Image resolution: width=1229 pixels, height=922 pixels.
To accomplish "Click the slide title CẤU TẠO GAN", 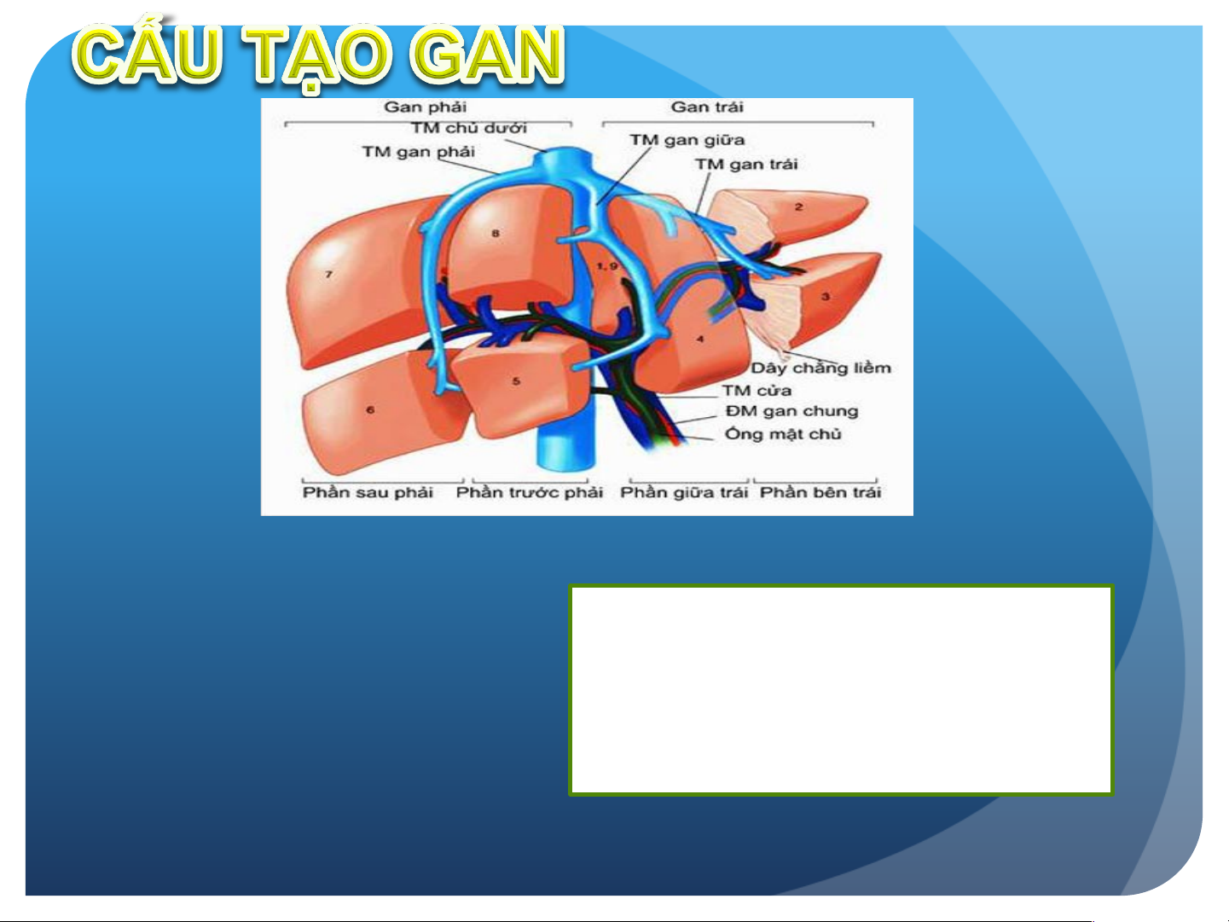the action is (x=318, y=55).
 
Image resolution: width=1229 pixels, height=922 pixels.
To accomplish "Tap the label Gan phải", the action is (x=425, y=107).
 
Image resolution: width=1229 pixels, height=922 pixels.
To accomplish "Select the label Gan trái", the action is (x=707, y=107).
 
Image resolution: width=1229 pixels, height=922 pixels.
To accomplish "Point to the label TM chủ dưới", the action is (x=469, y=128).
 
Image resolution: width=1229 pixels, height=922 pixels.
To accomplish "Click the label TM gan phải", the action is (x=418, y=152).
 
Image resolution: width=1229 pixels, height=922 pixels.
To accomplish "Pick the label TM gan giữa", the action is (x=687, y=140).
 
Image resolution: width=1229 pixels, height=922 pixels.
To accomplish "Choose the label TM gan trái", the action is (x=746, y=164).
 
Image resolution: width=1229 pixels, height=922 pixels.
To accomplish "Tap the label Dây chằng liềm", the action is (x=820, y=368).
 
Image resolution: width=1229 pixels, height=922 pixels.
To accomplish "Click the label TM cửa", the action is (x=757, y=390).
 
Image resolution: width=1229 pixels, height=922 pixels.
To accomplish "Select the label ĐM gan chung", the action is (x=791, y=411).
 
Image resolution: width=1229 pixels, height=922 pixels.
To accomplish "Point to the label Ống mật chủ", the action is (x=783, y=434).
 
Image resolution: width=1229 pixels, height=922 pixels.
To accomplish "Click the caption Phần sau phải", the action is (x=368, y=493).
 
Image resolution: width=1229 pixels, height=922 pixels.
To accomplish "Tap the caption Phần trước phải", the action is (x=529, y=493).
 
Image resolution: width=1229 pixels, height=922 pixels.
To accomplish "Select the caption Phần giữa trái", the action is (x=684, y=493).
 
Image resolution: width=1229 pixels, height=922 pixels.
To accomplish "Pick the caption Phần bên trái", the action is (x=820, y=493).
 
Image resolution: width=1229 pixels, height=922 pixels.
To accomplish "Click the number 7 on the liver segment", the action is (x=328, y=275).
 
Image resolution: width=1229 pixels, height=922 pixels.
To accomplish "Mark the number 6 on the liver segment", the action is (x=370, y=409).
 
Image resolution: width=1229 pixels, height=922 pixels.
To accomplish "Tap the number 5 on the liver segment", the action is (x=516, y=381).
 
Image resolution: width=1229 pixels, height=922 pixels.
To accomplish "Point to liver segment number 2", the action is (x=799, y=207).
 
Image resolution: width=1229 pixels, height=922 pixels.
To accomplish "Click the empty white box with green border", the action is (x=841, y=690).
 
